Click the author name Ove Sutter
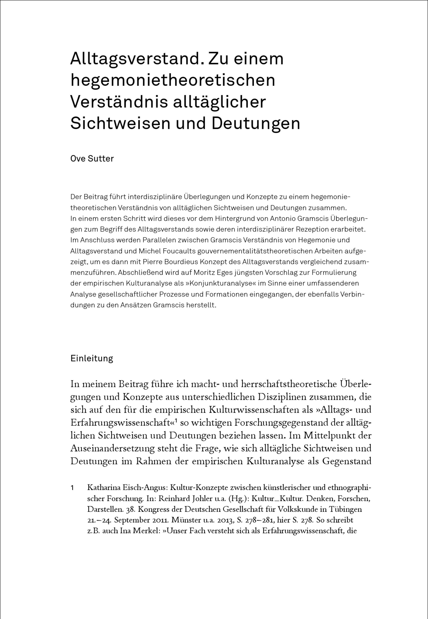click(x=92, y=159)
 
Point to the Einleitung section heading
click(x=92, y=358)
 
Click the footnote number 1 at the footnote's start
click(x=72, y=488)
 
